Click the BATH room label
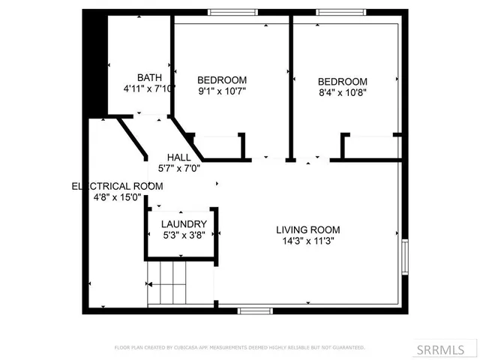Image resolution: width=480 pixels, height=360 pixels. point(149,78)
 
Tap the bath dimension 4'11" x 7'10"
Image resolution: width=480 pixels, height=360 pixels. point(149,88)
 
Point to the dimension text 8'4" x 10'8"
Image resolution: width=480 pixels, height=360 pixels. point(342,93)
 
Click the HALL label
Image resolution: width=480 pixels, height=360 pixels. point(179,157)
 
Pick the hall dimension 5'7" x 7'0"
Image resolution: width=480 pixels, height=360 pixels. point(178,169)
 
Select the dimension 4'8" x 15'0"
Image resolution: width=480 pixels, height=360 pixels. point(117,198)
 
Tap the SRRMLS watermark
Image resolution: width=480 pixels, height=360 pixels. point(451,349)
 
